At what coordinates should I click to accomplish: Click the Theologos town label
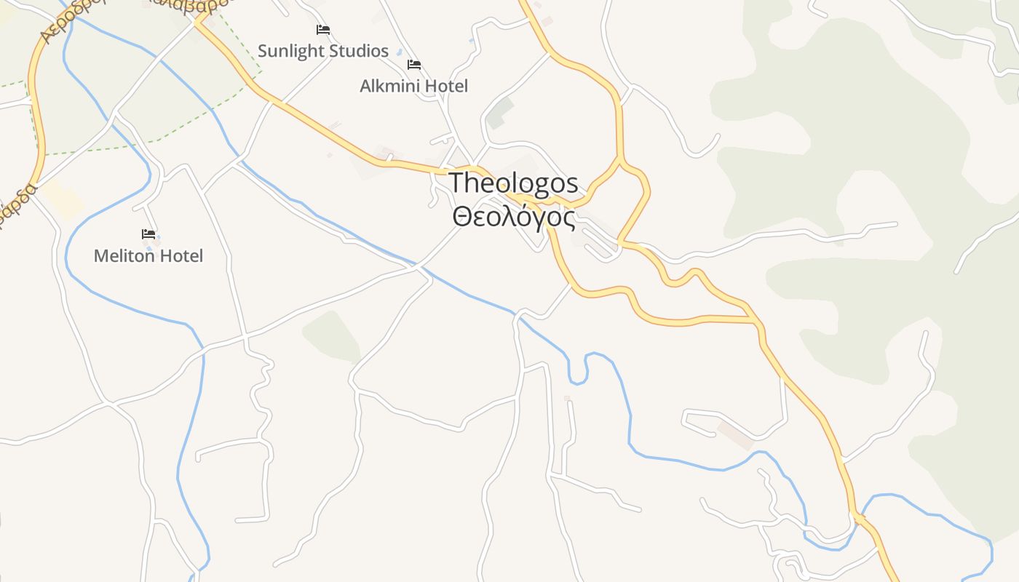513,183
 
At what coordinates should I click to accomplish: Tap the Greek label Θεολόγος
513,217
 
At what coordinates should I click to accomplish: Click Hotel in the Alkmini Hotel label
446,86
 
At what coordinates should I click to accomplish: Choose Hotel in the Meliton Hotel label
181,256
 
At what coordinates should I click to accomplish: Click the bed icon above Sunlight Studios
323,30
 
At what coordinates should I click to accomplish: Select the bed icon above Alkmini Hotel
414,65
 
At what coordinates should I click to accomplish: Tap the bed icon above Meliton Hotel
148,234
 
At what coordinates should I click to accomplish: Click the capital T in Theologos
456,183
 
